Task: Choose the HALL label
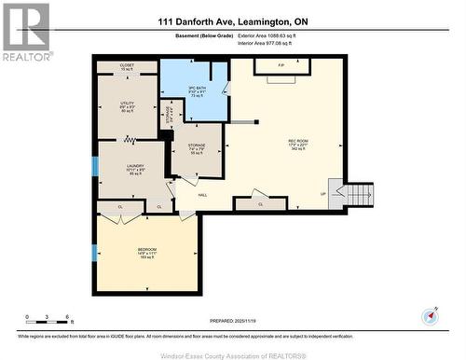pos(201,195)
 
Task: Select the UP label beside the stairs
pos(323,194)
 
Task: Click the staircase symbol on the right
pos(358,193)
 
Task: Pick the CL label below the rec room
pos(260,202)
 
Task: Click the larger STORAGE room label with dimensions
pos(198,147)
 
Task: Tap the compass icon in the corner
pos(429,315)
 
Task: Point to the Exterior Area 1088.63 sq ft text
pos(277,35)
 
